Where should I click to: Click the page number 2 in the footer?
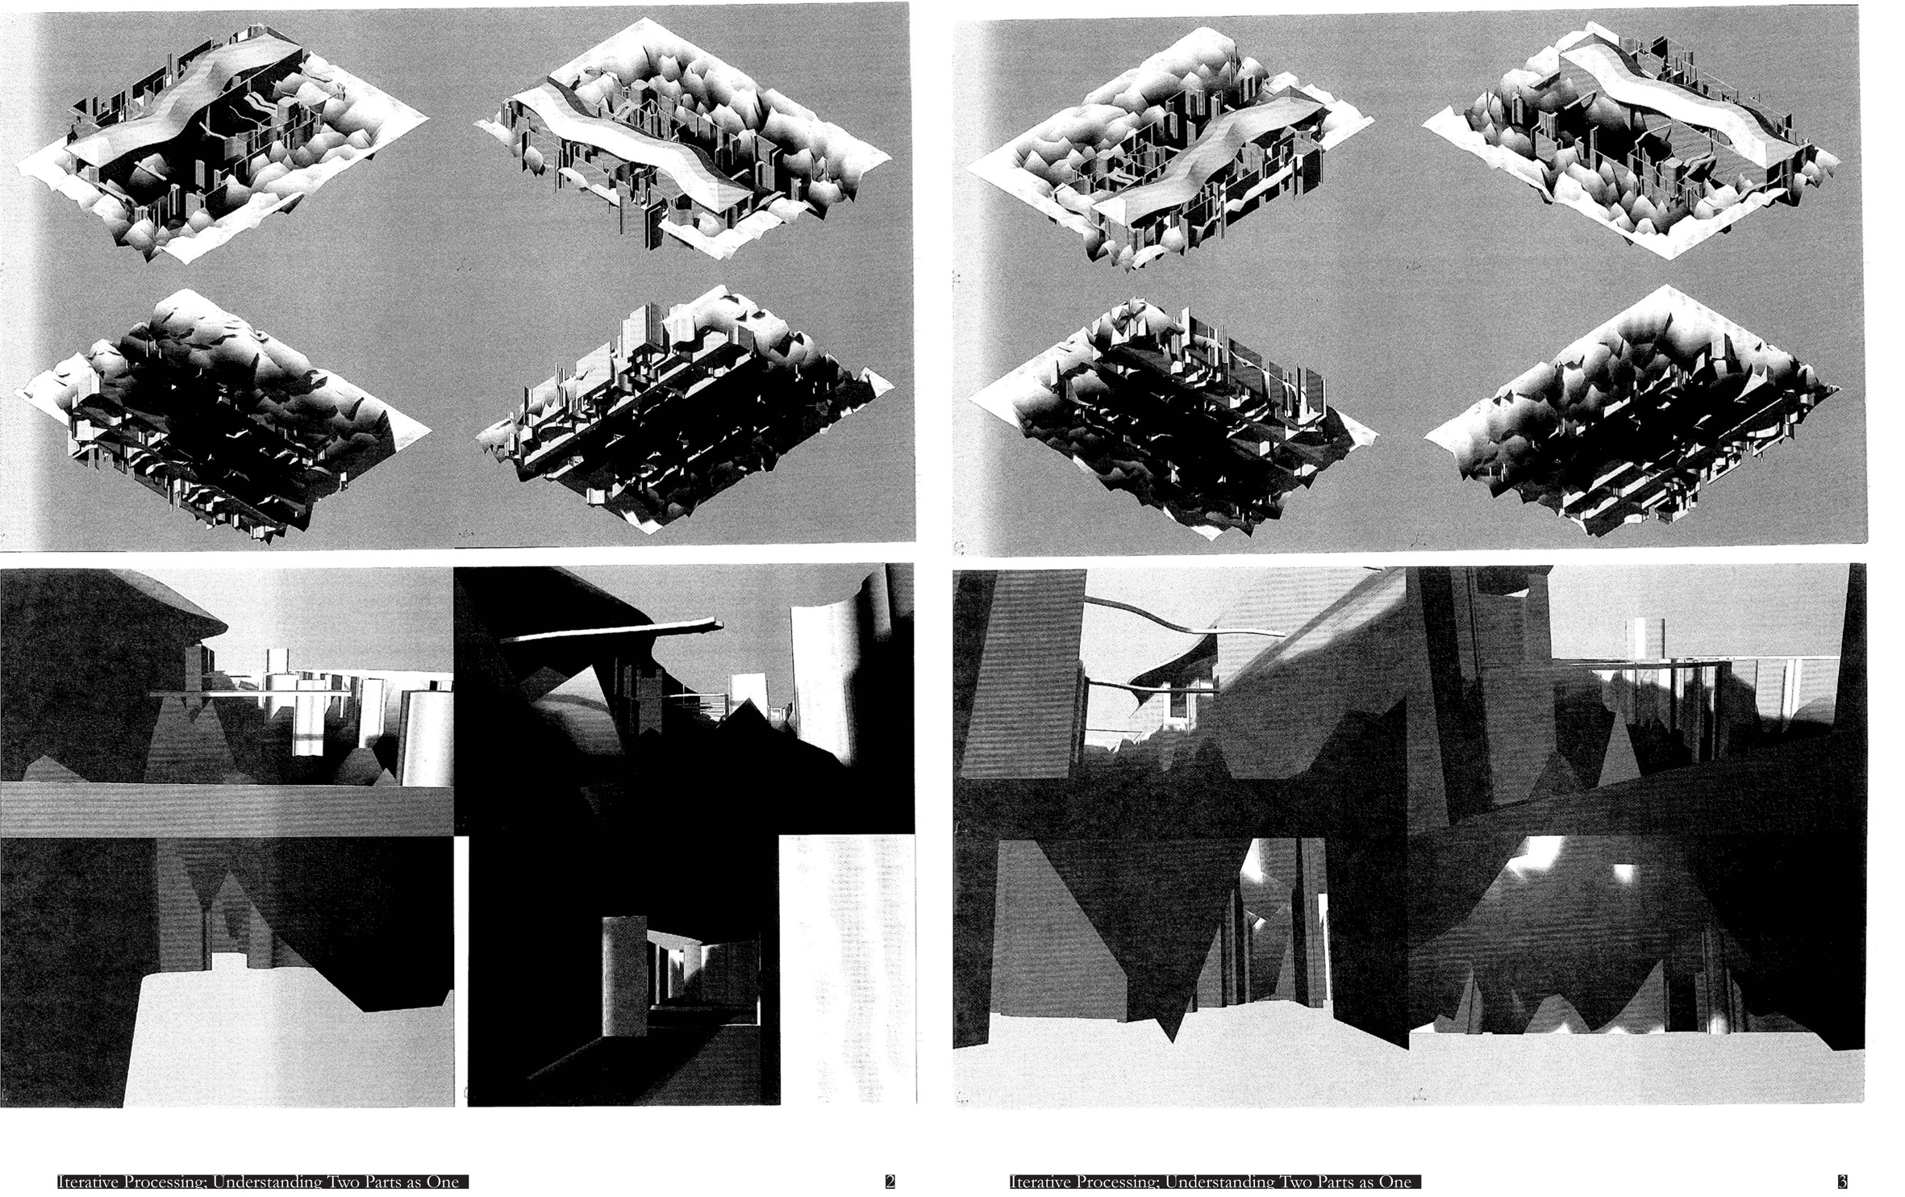pyautogui.click(x=890, y=1182)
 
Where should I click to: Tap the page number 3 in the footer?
pyautogui.click(x=1842, y=1182)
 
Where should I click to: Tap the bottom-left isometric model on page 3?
pyautogui.click(x=1169, y=415)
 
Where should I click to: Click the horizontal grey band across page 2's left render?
pyautogui.click(x=227, y=810)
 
